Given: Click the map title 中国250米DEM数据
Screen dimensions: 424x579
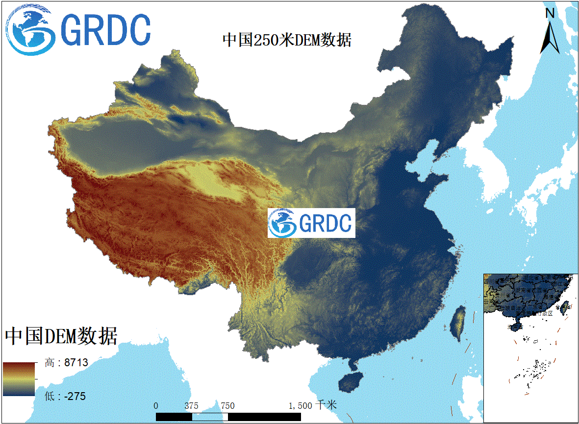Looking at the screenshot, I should tap(287, 40).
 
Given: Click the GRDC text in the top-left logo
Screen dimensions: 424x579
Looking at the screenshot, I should tap(107, 30).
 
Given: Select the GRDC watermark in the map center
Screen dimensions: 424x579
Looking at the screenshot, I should tap(311, 223).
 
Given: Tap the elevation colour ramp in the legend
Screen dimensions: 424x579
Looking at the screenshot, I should tap(19, 378).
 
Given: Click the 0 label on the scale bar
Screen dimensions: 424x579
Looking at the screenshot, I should tap(156, 405).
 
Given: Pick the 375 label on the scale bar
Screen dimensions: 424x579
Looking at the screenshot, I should tap(192, 405).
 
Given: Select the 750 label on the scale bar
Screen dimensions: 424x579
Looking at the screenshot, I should tap(227, 405).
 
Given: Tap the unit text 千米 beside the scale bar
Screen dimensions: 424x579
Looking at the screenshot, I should tap(327, 405).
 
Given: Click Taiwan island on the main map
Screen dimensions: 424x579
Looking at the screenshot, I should tap(458, 323).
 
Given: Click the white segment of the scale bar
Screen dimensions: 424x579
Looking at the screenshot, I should tap(210, 417).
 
